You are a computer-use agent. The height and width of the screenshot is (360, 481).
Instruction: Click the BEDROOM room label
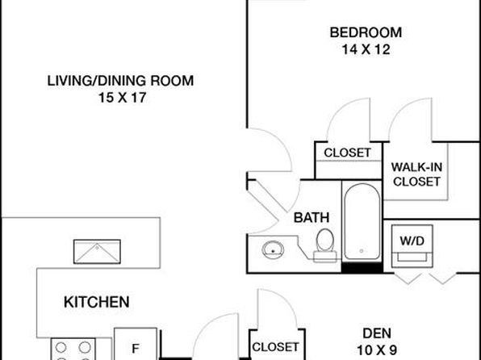tap(366, 32)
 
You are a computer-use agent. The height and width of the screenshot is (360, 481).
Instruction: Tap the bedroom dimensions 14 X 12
tap(366, 49)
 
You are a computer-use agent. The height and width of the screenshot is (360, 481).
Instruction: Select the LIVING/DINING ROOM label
tap(120, 81)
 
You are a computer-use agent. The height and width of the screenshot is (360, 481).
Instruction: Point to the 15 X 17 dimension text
tap(122, 98)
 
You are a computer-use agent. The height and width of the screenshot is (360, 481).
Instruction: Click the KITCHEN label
tap(97, 303)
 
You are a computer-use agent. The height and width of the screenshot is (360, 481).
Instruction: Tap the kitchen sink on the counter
tap(97, 251)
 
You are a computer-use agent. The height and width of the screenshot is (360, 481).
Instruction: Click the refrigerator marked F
tap(136, 344)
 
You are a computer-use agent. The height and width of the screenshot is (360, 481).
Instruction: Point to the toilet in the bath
tap(325, 245)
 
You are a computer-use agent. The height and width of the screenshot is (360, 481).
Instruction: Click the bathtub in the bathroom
tap(362, 222)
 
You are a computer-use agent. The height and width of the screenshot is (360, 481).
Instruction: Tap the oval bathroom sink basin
tap(273, 250)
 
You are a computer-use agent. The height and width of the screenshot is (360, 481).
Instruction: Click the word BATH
tap(312, 218)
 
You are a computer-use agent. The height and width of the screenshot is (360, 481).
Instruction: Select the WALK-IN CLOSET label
tap(416, 174)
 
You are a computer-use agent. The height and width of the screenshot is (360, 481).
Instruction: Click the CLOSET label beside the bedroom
tap(347, 153)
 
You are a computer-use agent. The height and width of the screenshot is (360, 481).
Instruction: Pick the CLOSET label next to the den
tap(275, 347)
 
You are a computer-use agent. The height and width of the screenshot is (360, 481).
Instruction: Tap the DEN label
tap(377, 333)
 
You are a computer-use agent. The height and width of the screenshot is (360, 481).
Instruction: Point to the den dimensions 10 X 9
tap(377, 350)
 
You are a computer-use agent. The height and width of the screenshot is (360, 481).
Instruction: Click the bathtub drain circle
tap(362, 251)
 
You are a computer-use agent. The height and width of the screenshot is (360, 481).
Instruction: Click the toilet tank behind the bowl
tap(325, 257)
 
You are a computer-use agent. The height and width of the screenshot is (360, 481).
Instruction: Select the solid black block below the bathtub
tap(362, 268)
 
